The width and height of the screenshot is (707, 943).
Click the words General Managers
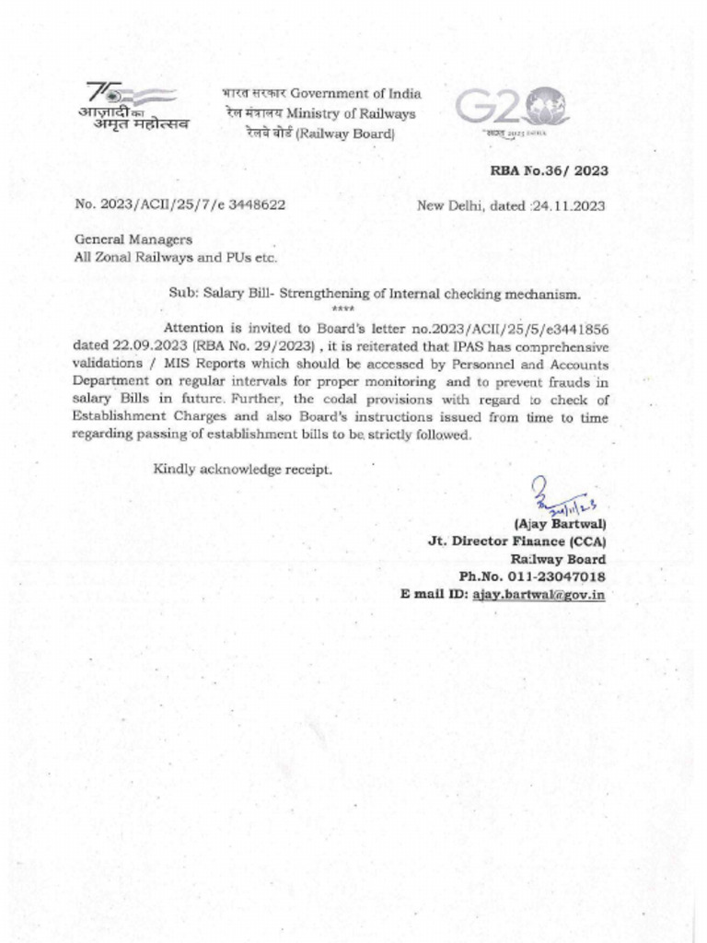(133, 239)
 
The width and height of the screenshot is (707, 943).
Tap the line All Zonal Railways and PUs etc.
(175, 257)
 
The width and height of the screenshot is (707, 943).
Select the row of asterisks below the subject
(342, 309)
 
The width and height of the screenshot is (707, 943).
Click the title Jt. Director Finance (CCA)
(516, 541)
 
